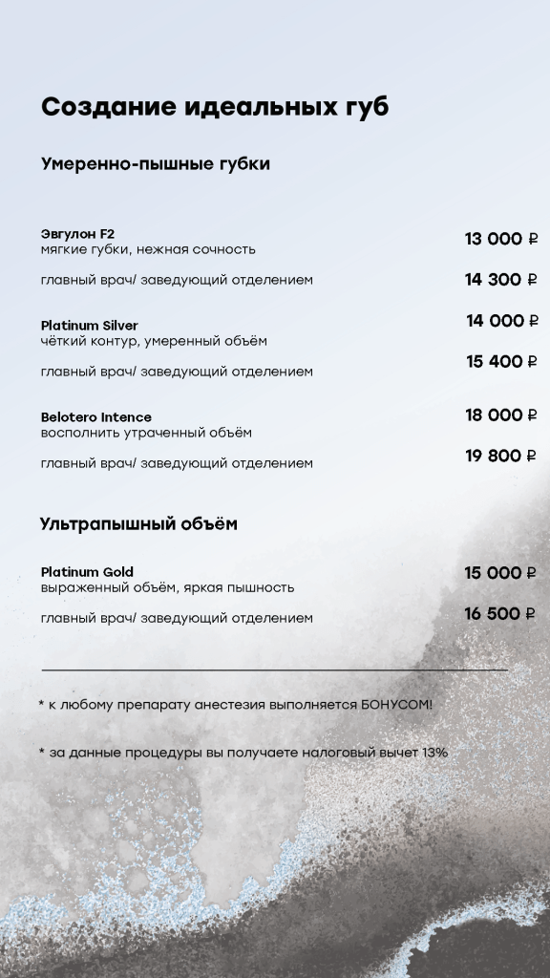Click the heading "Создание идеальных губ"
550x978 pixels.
(x=215, y=107)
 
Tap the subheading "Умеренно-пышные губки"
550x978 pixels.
(x=156, y=164)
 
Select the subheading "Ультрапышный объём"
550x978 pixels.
(x=138, y=524)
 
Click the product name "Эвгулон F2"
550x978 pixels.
(x=77, y=233)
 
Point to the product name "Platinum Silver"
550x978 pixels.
(x=90, y=326)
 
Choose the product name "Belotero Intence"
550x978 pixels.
(x=96, y=417)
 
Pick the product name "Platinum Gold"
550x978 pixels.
(x=87, y=572)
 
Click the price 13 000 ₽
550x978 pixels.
(x=501, y=239)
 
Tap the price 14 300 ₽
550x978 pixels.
(x=501, y=280)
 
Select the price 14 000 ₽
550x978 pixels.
(x=502, y=321)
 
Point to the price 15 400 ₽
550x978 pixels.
(x=502, y=362)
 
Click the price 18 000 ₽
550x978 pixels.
(x=501, y=415)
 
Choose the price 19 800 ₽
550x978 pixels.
(x=501, y=457)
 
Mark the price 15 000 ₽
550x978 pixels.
(x=501, y=573)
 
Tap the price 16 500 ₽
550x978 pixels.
(x=501, y=614)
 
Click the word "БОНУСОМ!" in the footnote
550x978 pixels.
(x=396, y=705)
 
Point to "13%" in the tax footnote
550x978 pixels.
(x=434, y=753)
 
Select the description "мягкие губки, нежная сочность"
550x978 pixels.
(x=148, y=249)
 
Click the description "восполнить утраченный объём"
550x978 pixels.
(x=146, y=433)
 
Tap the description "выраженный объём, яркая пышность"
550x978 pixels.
(x=167, y=587)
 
